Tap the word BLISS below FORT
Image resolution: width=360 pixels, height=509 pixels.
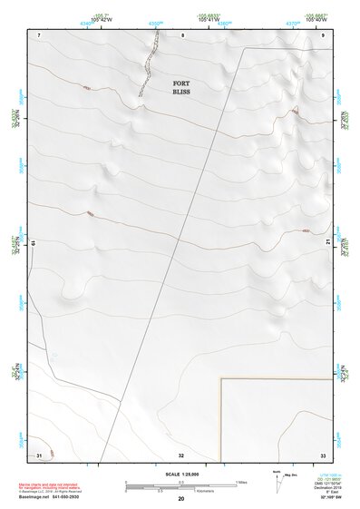click(182, 93)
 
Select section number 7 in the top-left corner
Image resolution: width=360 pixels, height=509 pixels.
click(40, 34)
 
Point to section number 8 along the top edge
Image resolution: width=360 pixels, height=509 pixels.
click(182, 34)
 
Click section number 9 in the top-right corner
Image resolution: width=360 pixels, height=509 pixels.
click(324, 34)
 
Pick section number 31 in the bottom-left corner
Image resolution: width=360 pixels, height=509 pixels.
click(39, 454)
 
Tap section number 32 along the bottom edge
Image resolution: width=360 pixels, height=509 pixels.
click(181, 454)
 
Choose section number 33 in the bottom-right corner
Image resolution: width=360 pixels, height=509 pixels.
click(323, 454)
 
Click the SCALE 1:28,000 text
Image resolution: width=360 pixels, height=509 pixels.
click(181, 475)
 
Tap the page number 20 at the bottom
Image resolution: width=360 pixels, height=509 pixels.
click(181, 499)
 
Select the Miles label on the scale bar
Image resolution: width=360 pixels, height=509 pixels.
click(242, 481)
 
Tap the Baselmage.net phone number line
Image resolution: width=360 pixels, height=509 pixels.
click(49, 497)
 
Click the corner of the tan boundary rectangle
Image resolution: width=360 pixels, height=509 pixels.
click(222, 379)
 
